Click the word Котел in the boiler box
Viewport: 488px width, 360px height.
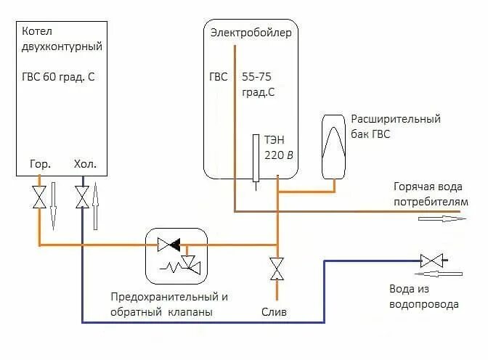(37, 31)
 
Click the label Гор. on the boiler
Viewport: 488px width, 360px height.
(39, 164)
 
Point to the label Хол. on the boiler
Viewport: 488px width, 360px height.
(85, 164)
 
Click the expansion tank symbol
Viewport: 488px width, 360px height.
(335, 145)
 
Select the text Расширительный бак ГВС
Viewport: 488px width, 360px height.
(396, 126)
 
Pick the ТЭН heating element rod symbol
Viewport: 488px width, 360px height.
(256, 158)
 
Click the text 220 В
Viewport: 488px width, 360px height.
(280, 155)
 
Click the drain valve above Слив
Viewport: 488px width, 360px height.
(277, 268)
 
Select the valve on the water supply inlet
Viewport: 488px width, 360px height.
(431, 260)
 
